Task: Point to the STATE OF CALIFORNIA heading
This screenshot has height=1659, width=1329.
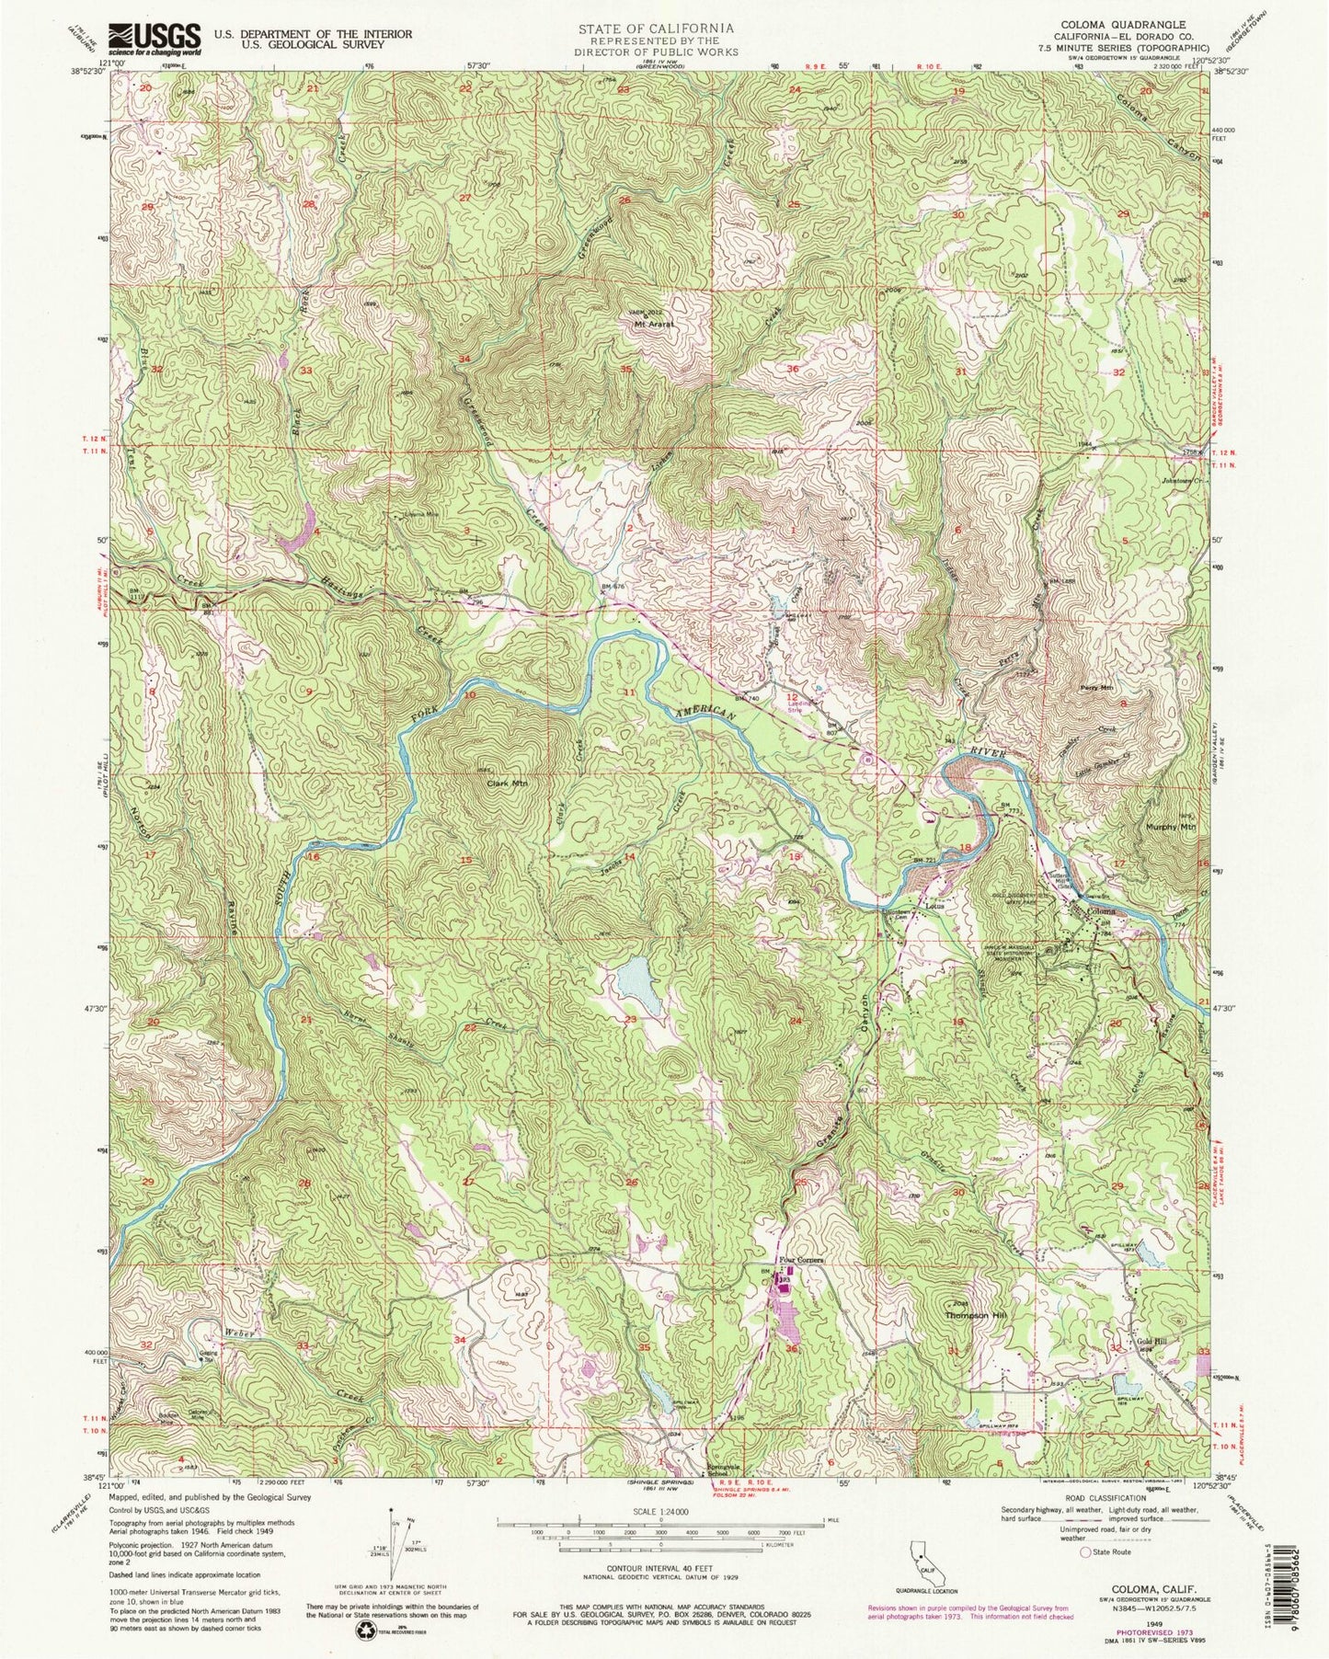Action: coord(656,29)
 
